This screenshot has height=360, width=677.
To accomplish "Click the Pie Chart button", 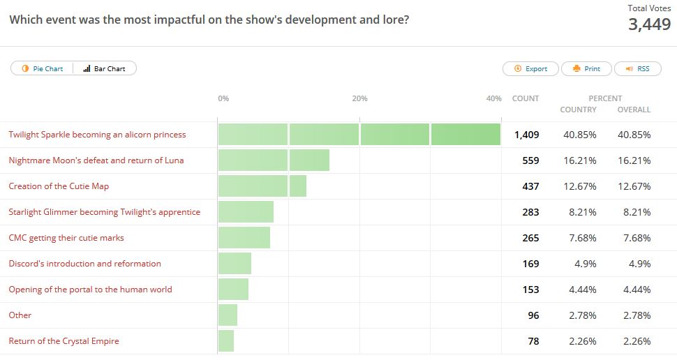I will pos(43,68).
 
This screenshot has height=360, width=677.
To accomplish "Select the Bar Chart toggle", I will pos(105,68).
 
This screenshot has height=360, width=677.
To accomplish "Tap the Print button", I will pos(586,68).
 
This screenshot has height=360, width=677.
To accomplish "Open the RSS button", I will pos(637,68).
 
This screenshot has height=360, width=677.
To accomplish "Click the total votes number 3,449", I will pos(650,25).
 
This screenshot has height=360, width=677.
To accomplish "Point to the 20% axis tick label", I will pos(359,98).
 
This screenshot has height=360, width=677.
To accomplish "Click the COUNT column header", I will pos(525,98).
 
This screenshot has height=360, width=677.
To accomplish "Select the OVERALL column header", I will pos(634,110).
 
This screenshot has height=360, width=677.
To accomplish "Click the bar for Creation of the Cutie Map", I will pos(262,186).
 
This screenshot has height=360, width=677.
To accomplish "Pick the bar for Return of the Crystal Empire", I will pos(225,341).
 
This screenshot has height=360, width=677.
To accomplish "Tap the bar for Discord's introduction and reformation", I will pos(235,264).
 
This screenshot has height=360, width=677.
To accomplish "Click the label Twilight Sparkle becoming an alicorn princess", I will pos(97,135).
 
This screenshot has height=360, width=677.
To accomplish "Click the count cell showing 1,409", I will pos(526,135).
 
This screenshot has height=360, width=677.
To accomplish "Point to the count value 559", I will pos(530,160).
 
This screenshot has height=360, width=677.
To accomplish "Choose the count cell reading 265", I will pos(530,238).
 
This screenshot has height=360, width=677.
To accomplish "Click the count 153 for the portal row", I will pos(530,290).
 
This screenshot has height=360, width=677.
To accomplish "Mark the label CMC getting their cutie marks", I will pos(66,238).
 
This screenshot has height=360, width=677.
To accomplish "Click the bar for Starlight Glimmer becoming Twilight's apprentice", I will pos(246,212).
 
